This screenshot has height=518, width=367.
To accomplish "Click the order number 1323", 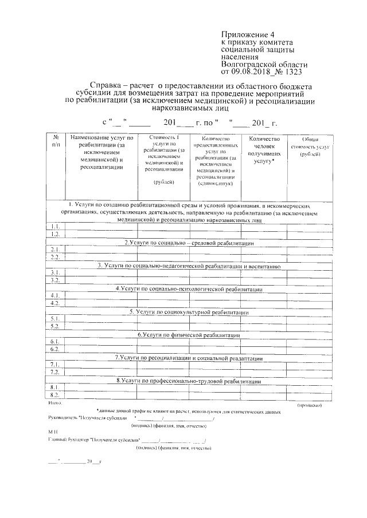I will click(x=291, y=72).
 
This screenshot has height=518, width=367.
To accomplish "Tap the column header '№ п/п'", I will click(x=56, y=142).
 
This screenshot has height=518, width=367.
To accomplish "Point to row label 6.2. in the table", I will click(x=56, y=348).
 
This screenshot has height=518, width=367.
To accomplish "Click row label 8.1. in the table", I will click(x=56, y=387).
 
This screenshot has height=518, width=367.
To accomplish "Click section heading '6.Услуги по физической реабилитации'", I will click(x=189, y=334).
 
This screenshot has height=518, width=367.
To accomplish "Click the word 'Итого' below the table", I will click(x=55, y=404).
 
